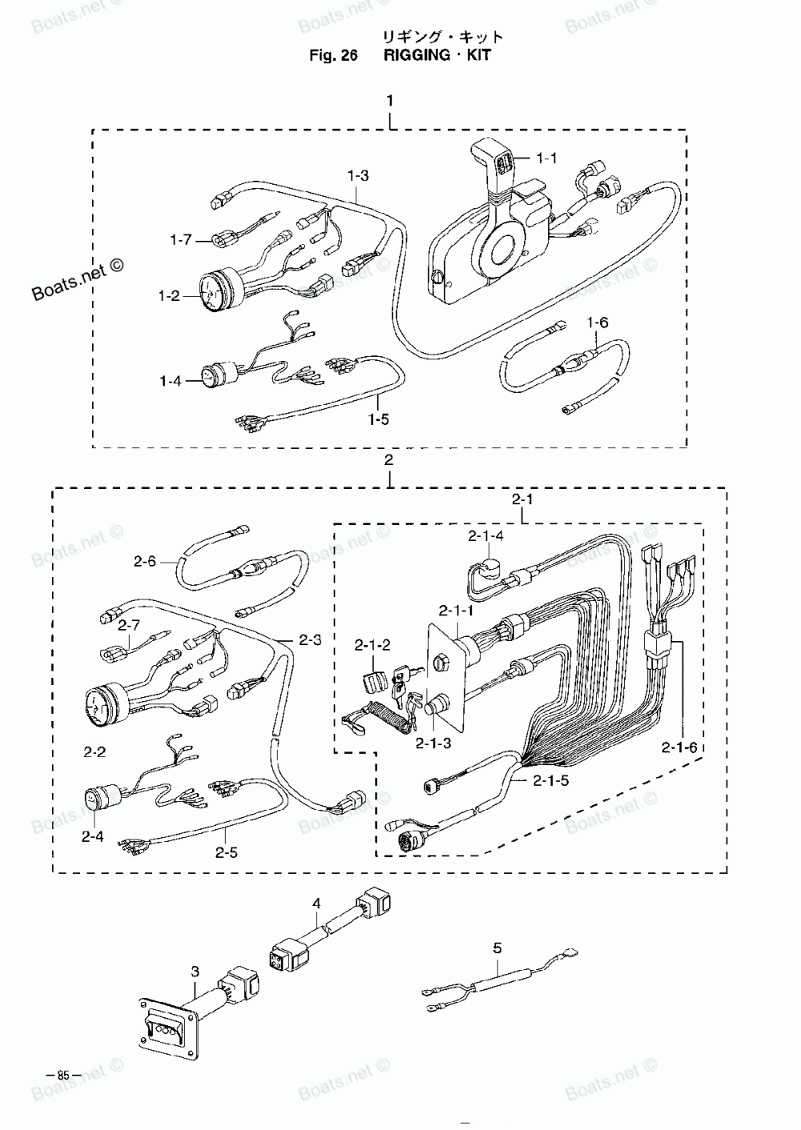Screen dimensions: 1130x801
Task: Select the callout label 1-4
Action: [171, 381]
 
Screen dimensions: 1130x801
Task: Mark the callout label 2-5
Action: [227, 853]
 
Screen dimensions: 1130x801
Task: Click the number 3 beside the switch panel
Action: [195, 972]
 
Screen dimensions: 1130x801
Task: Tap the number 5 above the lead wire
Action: [497, 948]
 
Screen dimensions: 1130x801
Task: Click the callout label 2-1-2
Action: [373, 645]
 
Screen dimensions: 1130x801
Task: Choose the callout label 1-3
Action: [358, 175]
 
